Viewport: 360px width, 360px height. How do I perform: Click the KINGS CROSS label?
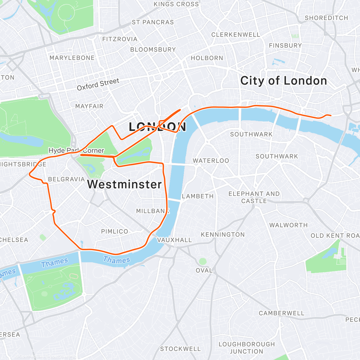point(176,4)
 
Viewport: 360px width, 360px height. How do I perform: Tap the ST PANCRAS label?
point(153,22)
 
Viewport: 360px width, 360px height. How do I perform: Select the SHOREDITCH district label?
point(326,18)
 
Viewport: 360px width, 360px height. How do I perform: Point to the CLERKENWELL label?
point(235,35)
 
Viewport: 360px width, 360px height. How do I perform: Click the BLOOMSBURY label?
point(153,49)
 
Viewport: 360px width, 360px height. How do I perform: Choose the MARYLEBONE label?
point(72,58)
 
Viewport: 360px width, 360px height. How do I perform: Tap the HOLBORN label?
point(207,58)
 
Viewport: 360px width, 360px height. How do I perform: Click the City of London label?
point(283,81)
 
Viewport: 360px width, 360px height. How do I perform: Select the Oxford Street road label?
point(98,84)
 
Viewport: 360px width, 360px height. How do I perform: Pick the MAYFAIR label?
point(89,106)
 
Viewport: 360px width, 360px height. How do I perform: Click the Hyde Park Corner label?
point(76,151)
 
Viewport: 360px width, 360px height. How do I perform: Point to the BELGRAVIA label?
point(66,179)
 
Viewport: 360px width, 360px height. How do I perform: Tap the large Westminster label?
point(124,184)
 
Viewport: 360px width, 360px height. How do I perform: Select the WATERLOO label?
point(211,161)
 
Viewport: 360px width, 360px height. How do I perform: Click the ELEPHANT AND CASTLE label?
point(254,197)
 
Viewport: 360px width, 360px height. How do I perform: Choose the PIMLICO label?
point(115,232)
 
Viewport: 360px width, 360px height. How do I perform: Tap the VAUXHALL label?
point(175,240)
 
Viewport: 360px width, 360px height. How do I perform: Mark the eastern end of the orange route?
point(331,115)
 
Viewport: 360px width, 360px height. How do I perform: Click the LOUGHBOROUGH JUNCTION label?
point(247,348)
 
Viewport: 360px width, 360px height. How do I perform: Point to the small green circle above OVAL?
point(203,261)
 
